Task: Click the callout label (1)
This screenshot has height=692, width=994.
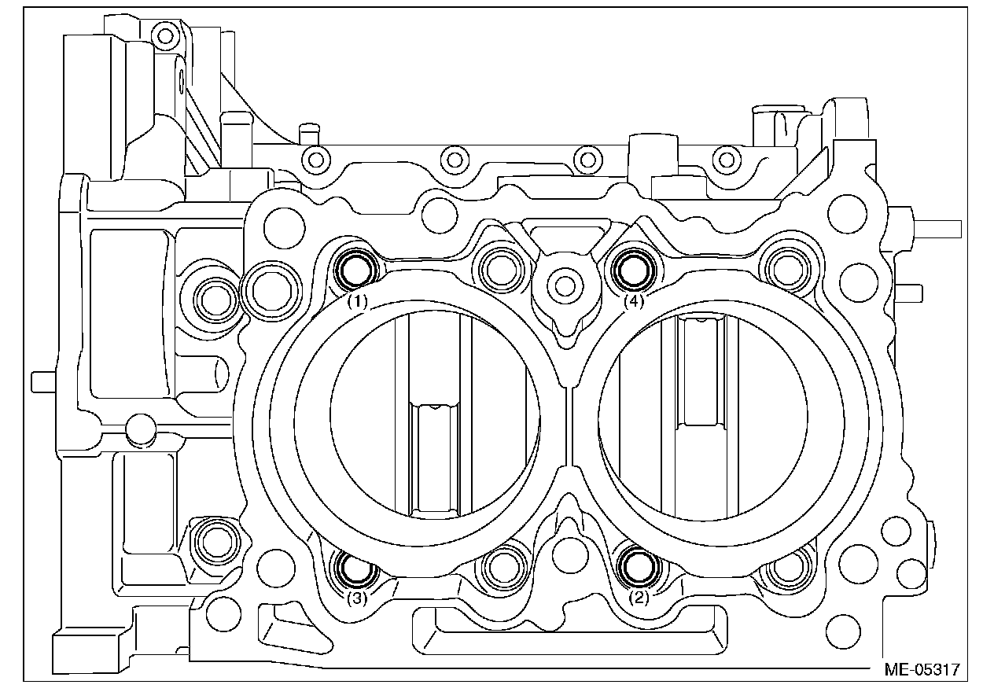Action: pyautogui.click(x=358, y=301)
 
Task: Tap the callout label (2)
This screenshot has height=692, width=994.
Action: pyautogui.click(x=640, y=598)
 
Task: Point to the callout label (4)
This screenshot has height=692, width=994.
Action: pyautogui.click(x=634, y=301)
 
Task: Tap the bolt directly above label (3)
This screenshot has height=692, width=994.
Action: pyautogui.click(x=356, y=568)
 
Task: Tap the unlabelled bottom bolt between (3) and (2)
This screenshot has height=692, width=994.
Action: pyautogui.click(x=500, y=568)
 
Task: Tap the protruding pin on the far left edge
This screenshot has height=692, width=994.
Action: pyautogui.click(x=42, y=381)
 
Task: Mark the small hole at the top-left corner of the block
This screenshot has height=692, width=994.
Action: pyautogui.click(x=164, y=35)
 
